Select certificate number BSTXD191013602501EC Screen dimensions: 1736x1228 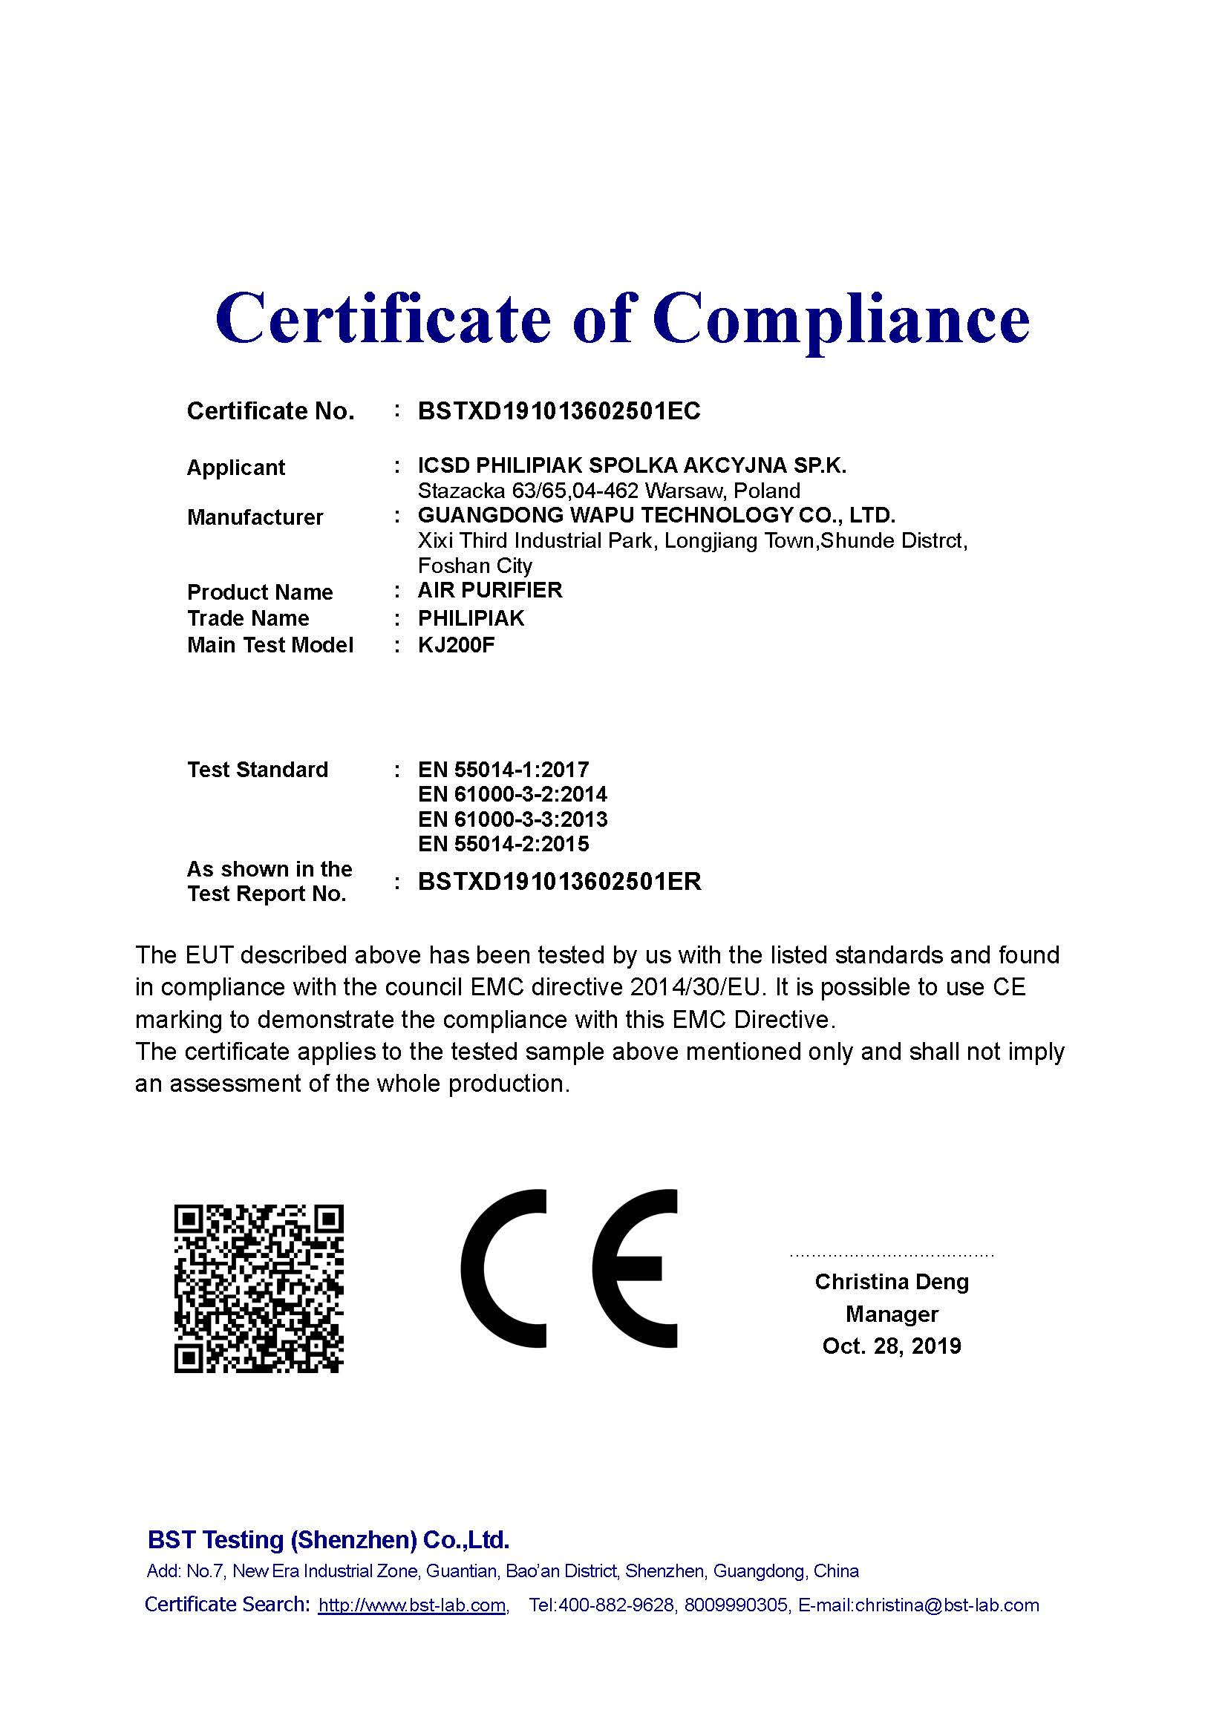(x=559, y=410)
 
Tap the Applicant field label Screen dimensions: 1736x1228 (x=236, y=468)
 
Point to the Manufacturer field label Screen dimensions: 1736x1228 (x=255, y=517)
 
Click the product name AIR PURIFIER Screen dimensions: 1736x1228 (x=490, y=590)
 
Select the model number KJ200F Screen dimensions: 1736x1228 (x=457, y=645)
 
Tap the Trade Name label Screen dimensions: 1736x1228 (x=248, y=618)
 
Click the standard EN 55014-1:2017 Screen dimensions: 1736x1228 (x=503, y=770)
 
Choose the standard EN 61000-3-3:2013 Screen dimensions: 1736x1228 (x=512, y=819)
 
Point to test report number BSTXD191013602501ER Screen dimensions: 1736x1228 (x=560, y=882)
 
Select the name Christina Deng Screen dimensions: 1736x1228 (x=892, y=1282)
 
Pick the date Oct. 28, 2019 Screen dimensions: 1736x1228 (x=892, y=1346)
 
